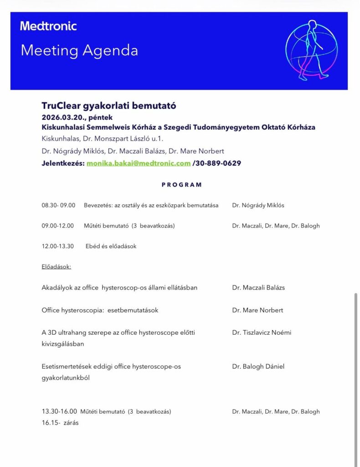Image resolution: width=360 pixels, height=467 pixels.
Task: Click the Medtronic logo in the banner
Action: pyautogui.click(x=48, y=26)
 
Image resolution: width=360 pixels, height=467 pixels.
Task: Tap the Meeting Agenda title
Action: pyautogui.click(x=79, y=50)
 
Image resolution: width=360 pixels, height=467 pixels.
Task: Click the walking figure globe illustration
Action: pyautogui.click(x=312, y=50)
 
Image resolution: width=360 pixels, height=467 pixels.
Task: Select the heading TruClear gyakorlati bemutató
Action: pyautogui.click(x=108, y=106)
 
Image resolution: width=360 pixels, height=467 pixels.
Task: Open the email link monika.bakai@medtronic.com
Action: pyautogui.click(x=139, y=163)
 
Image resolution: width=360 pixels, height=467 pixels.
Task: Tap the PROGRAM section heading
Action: pyautogui.click(x=181, y=185)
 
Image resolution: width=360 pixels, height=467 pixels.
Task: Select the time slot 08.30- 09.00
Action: pyautogui.click(x=58, y=205)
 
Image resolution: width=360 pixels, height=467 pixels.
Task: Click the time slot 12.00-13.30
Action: pyautogui.click(x=57, y=246)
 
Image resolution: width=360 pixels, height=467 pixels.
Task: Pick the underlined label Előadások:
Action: pyautogui.click(x=56, y=266)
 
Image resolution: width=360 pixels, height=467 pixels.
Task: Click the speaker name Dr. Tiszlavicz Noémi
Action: pyautogui.click(x=262, y=332)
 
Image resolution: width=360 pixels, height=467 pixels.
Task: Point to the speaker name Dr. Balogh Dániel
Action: pyautogui.click(x=258, y=366)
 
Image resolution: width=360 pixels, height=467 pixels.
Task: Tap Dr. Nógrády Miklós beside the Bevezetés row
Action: pyautogui.click(x=258, y=205)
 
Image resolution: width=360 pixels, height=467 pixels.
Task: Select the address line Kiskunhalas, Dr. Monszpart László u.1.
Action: pyautogui.click(x=102, y=139)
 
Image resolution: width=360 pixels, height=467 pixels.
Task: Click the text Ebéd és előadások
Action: pyautogui.click(x=111, y=246)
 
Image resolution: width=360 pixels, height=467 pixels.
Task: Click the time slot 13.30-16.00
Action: pyautogui.click(x=59, y=411)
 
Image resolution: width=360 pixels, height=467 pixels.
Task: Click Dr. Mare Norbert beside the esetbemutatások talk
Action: pyautogui.click(x=257, y=310)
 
